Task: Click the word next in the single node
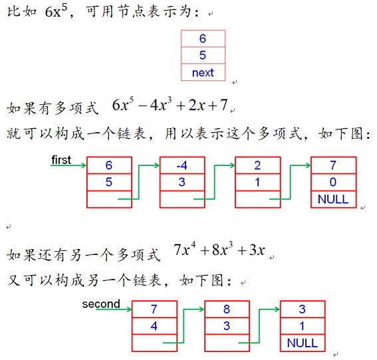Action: coord(203,72)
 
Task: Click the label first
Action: coord(61,160)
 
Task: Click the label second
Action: coord(101,304)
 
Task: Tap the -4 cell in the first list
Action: coord(182,165)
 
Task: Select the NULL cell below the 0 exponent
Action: coord(333,199)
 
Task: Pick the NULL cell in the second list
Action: coord(303,343)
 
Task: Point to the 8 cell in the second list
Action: coord(227,310)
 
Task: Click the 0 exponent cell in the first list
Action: coord(333,182)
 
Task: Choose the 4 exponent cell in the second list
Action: coord(155,326)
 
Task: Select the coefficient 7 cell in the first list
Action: coord(333,165)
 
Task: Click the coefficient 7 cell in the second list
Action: coord(155,310)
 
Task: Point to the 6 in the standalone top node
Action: coord(203,39)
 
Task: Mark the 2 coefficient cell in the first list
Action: coord(257,165)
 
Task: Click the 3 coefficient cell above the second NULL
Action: coord(303,310)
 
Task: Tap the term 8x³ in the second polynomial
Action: coord(222,250)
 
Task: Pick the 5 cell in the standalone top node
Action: coord(203,56)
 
